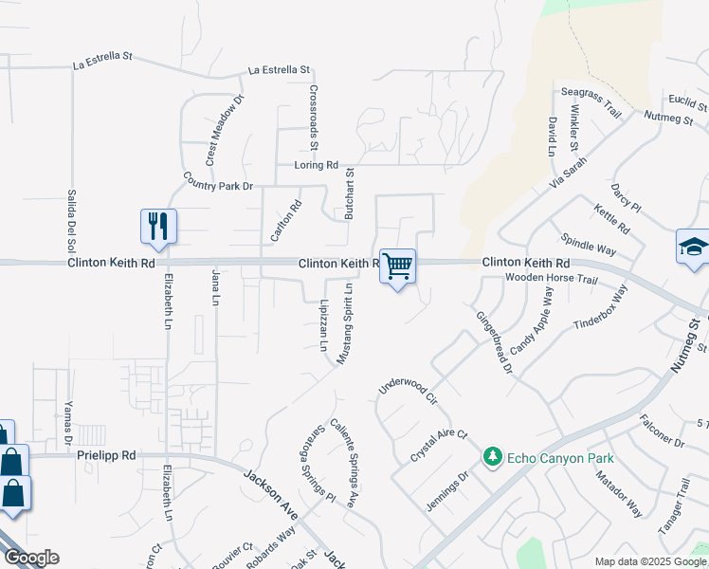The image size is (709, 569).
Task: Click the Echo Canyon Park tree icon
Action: coord(492,458)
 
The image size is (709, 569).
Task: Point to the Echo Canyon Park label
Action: coord(559,459)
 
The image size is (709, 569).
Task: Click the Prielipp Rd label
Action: coord(106,455)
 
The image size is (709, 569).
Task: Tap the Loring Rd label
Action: coord(316,165)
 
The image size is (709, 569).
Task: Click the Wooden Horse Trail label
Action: coord(551,280)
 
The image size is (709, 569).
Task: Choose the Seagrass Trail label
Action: coord(591,102)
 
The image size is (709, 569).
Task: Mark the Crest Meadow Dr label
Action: coord(225,129)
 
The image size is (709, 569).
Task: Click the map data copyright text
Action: coord(650,562)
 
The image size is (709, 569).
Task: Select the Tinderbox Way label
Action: coord(601,310)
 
